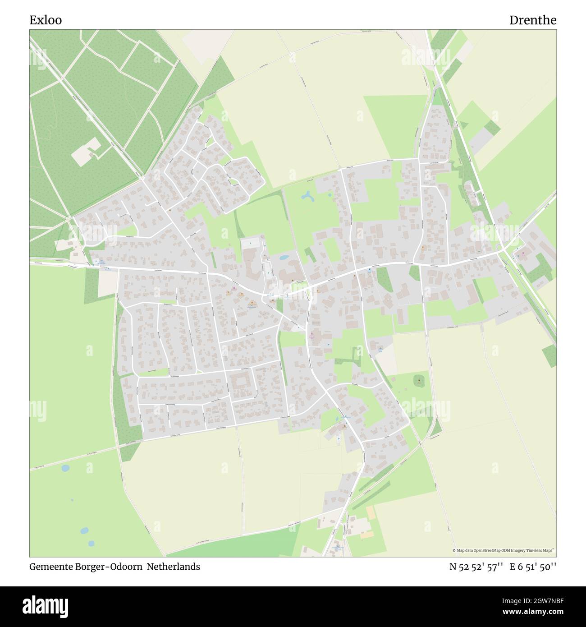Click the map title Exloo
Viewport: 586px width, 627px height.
[46, 20]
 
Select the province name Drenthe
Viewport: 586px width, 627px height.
[532, 20]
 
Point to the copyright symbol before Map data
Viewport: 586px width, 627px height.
[454, 550]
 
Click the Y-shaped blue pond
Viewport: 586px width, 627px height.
[308, 196]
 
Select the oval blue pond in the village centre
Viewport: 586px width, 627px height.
[284, 257]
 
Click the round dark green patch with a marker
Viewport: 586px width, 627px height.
[420, 381]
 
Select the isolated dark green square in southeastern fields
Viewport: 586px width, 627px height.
[549, 355]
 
